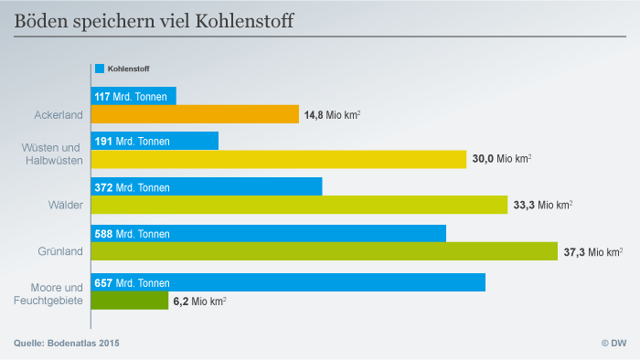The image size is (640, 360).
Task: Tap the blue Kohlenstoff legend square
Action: pyautogui.click(x=99, y=69)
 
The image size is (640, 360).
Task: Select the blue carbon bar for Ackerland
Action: pyautogui.click(x=133, y=96)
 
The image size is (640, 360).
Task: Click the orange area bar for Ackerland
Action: pyautogui.click(x=195, y=114)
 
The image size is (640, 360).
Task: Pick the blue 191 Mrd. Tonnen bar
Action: pyautogui.click(x=155, y=141)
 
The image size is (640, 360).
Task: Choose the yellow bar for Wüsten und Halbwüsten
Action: pyautogui.click(x=279, y=159)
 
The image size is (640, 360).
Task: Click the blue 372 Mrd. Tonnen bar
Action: pyautogui.click(x=207, y=186)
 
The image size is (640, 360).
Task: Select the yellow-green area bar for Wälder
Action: pyautogui.click(x=299, y=205)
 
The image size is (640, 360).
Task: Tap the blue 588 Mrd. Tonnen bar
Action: pyautogui.click(x=269, y=234)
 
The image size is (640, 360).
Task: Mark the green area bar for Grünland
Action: pyautogui.click(x=324, y=251)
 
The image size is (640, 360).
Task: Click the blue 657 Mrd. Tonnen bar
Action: pyautogui.click(x=288, y=282)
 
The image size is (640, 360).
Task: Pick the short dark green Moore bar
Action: pyautogui.click(x=129, y=300)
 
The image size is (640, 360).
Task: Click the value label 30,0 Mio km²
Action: pyautogui.click(x=502, y=159)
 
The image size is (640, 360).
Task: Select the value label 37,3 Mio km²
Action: pyautogui.click(x=593, y=251)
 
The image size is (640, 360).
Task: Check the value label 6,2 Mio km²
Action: pyautogui.click(x=200, y=301)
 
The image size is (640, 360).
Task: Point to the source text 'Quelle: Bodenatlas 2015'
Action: pyautogui.click(x=67, y=343)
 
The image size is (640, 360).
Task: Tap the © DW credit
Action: pyautogui.click(x=613, y=343)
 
